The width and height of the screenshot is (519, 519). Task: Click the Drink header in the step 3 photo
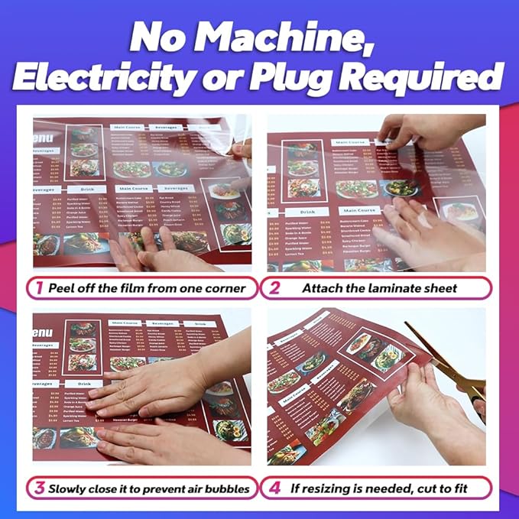pyautogui.click(x=85, y=384)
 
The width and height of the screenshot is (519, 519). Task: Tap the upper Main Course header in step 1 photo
pyautogui.click(x=129, y=128)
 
